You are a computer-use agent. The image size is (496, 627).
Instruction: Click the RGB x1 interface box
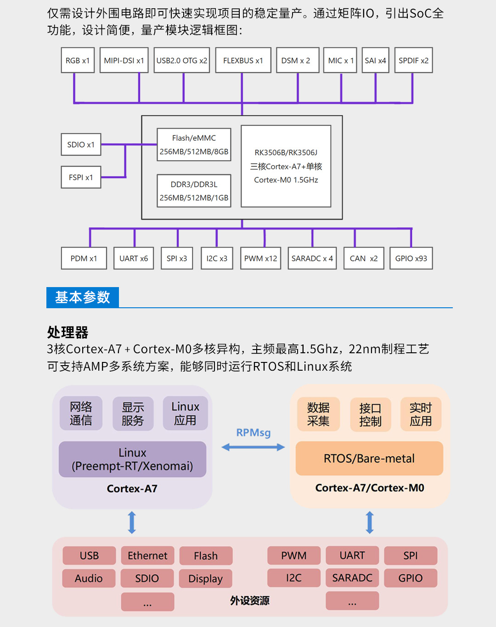tap(78, 60)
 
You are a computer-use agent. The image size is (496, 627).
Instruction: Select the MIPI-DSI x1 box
tap(124, 60)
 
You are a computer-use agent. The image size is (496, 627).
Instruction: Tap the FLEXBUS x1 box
tap(243, 60)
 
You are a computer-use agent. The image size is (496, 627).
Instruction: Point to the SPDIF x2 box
tap(413, 60)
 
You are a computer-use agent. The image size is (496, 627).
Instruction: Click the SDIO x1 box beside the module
tap(81, 145)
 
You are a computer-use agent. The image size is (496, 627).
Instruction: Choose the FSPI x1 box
tap(81, 177)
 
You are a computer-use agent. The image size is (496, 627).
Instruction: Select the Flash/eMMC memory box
tap(194, 145)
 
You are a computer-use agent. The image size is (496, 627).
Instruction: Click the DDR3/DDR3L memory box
tap(194, 191)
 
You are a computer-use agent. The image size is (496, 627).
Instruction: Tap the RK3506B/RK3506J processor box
tap(286, 166)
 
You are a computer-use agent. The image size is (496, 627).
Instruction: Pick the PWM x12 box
tap(260, 258)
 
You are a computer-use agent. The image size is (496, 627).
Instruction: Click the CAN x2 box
tap(364, 258)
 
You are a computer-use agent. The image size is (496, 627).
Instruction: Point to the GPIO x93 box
tap(411, 258)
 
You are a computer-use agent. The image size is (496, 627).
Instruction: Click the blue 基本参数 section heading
tap(83, 297)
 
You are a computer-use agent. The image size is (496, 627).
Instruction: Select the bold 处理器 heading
tap(68, 332)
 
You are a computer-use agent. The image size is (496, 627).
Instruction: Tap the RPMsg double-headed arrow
tap(253, 447)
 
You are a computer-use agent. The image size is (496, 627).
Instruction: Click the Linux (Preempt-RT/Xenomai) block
tap(132, 459)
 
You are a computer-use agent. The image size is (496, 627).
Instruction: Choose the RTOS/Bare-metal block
tap(369, 458)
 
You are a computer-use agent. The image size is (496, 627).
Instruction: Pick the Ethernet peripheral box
tap(147, 556)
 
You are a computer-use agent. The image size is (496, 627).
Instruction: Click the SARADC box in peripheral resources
tap(352, 578)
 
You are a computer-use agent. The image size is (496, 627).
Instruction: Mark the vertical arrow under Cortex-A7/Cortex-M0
tap(370, 522)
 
